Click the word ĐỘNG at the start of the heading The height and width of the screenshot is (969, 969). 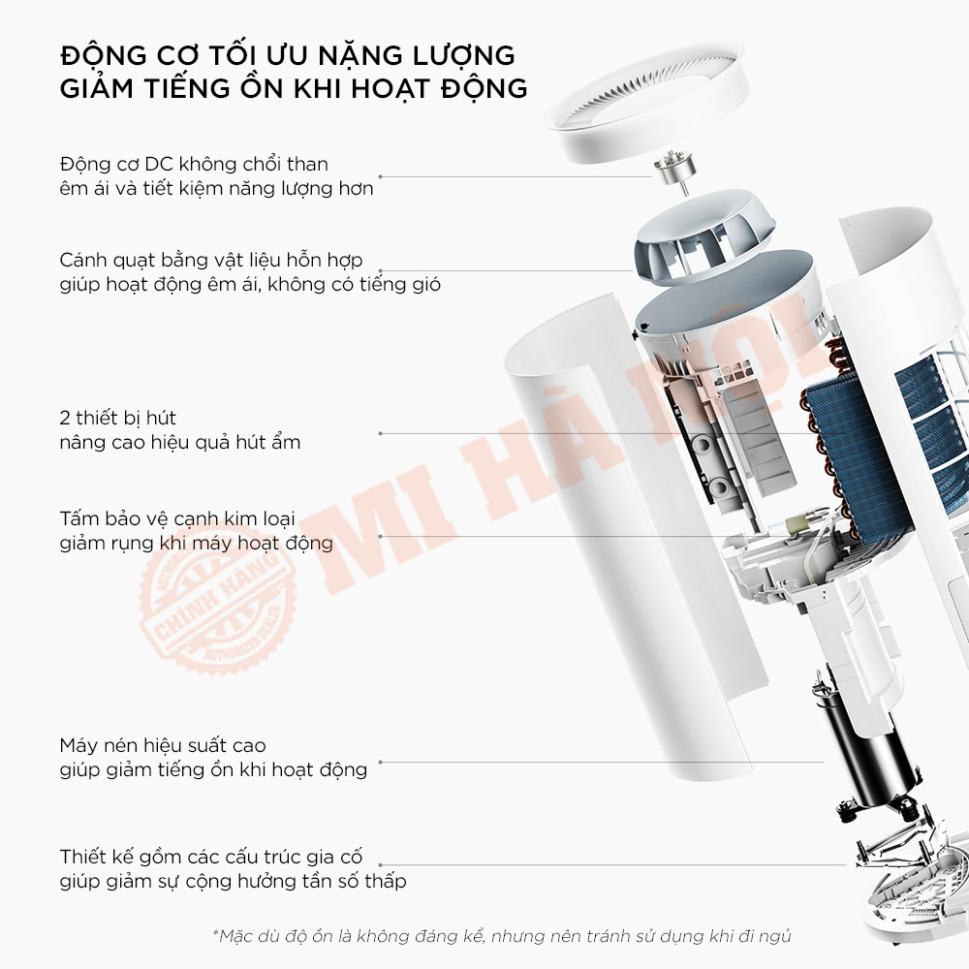pyautogui.click(x=104, y=55)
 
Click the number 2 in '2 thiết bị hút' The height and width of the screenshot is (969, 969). pyautogui.click(x=65, y=419)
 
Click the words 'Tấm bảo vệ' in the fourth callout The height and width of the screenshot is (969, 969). pyautogui.click(x=113, y=518)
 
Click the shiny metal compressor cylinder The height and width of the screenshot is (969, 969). pyautogui.click(x=862, y=751)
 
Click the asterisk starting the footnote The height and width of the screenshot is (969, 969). pyautogui.click(x=216, y=933)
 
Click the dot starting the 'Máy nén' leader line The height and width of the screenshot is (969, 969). pyautogui.click(x=380, y=762)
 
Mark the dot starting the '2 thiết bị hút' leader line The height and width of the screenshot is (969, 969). pyautogui.click(x=380, y=434)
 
